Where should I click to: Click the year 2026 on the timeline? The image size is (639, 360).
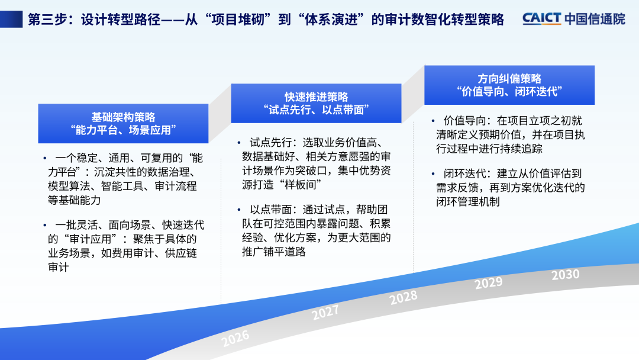coord(235,338)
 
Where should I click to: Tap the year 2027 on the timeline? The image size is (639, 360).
coord(325,313)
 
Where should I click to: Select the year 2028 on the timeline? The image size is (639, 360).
coord(404,298)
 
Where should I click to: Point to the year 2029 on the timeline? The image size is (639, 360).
coord(489,282)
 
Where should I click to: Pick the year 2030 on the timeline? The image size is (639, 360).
coord(565,274)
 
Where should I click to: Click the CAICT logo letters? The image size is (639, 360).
coord(542,19)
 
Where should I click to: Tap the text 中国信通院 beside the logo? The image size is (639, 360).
coord(595,19)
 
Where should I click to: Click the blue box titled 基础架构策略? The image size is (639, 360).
coord(123,124)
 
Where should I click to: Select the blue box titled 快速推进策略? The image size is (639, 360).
coord(316,103)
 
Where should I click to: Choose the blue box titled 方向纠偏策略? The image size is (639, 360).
coord(509,85)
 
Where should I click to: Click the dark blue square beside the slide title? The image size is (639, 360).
coord(11,19)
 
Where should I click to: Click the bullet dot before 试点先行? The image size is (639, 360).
coord(239,143)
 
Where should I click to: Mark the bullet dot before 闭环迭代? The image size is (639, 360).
coord(433,173)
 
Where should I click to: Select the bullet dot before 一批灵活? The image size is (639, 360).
coord(45,225)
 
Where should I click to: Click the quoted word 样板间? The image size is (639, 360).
coord(301,185)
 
